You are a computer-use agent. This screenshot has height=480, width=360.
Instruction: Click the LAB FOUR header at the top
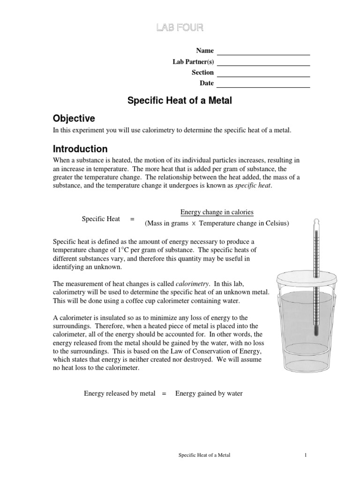pos(180,28)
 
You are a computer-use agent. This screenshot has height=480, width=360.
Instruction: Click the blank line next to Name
pos(263,52)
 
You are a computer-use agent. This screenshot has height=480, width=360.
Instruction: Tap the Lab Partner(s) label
pos(193,61)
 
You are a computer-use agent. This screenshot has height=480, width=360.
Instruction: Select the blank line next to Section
pos(263,73)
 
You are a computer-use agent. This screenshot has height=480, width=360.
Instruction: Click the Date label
pos(207,83)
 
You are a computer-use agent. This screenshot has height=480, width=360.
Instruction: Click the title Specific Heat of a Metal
pos(180,101)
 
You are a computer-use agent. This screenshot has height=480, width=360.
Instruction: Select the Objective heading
pos(74,118)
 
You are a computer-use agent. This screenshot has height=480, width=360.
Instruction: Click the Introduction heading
pos(80,149)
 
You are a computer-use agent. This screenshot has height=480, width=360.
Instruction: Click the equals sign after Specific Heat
pos(132,218)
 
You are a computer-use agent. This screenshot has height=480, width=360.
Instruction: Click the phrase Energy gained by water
pos(209,393)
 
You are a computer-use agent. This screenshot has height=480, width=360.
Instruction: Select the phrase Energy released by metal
pos(119,393)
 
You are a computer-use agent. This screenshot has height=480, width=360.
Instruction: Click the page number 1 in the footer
pos(305,455)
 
